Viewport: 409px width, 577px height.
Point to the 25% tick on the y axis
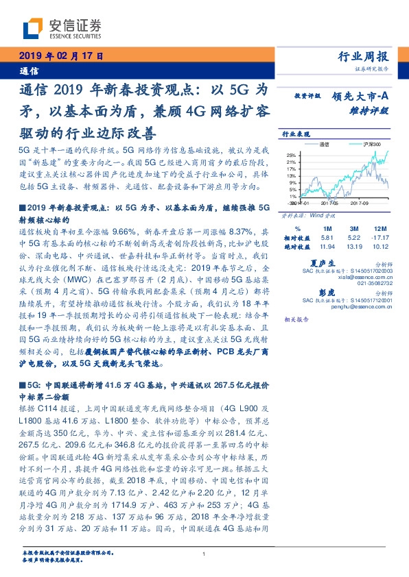[292, 155]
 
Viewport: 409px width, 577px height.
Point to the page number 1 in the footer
[204, 554]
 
